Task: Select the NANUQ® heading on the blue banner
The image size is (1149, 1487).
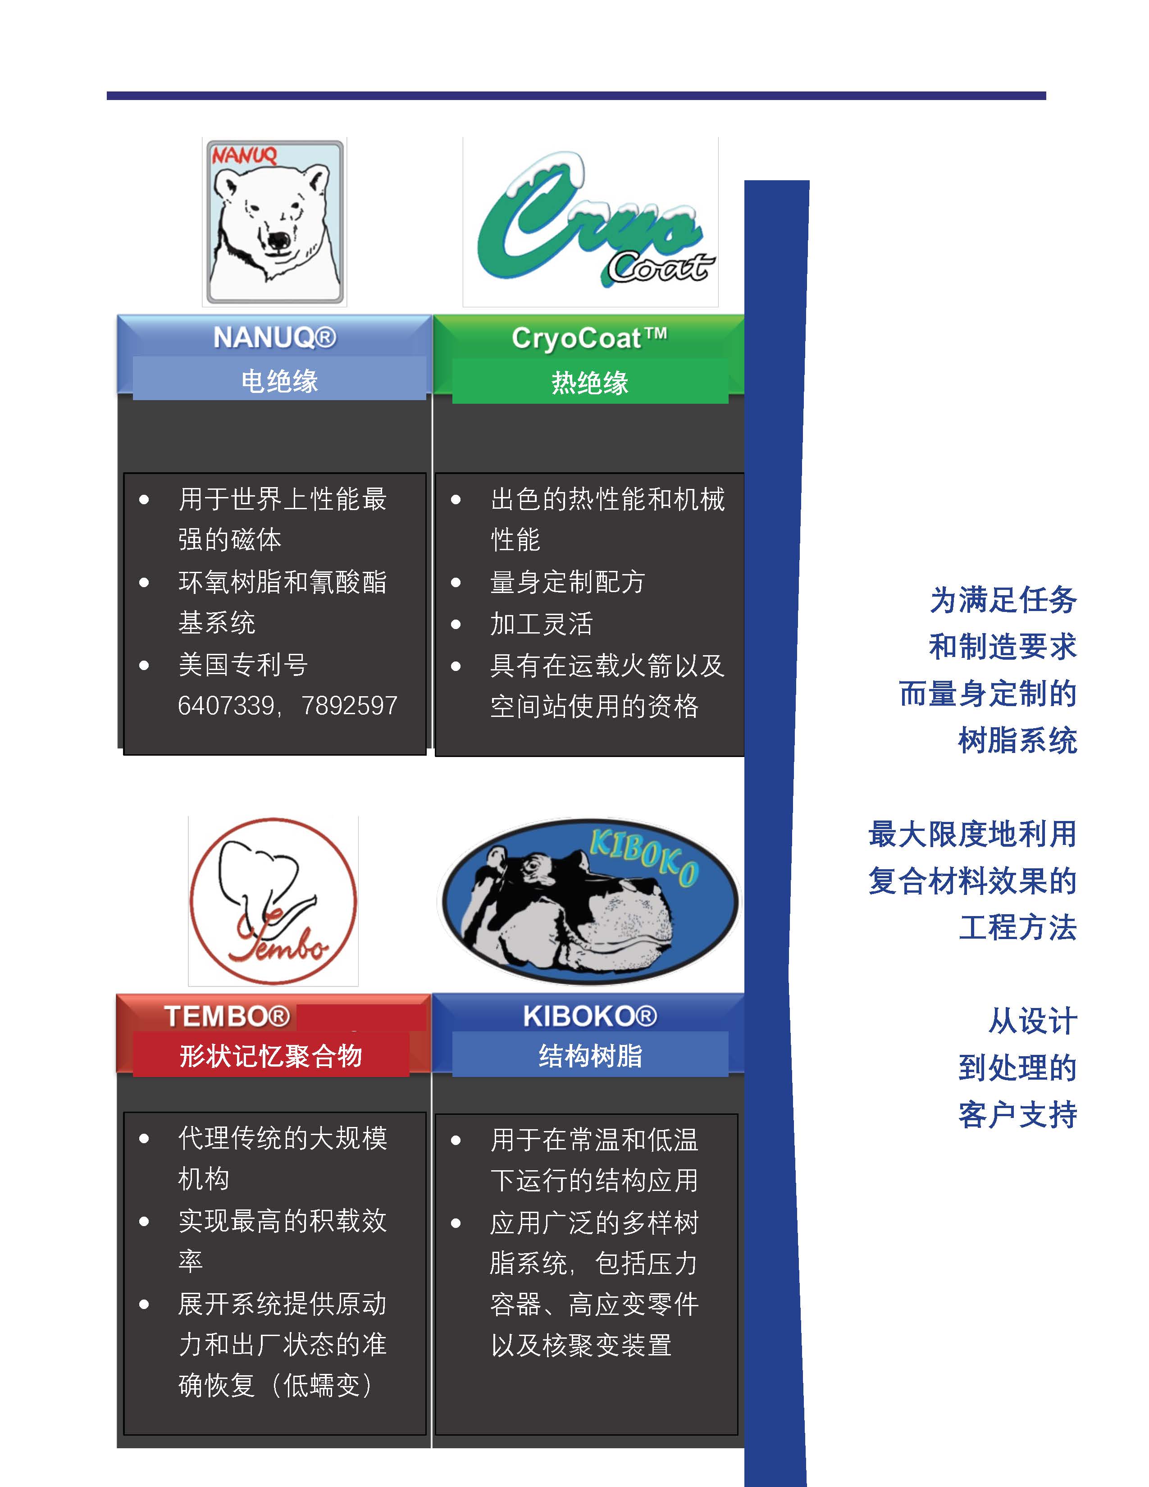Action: [275, 338]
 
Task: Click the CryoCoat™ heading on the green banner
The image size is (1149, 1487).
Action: [589, 338]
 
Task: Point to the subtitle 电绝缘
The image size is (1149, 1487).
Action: [279, 381]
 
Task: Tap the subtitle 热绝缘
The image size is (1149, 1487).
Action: [589, 383]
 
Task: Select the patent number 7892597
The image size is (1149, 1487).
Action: [350, 705]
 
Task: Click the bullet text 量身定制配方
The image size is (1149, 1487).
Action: [567, 582]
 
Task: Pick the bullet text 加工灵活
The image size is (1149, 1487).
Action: [541, 624]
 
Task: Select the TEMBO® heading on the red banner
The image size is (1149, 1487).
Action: [227, 1017]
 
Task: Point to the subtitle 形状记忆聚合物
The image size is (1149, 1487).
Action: [271, 1056]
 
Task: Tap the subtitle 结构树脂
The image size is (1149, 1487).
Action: [590, 1056]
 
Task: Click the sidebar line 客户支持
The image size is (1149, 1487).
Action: [1017, 1114]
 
